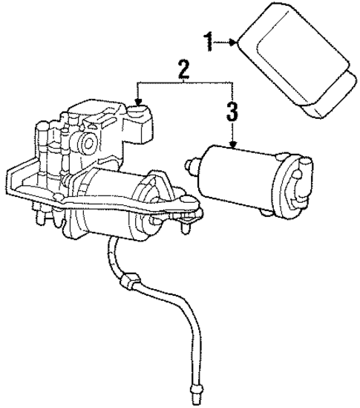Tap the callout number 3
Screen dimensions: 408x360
232,113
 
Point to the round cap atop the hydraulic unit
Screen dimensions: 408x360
138,114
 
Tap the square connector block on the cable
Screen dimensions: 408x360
131,283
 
